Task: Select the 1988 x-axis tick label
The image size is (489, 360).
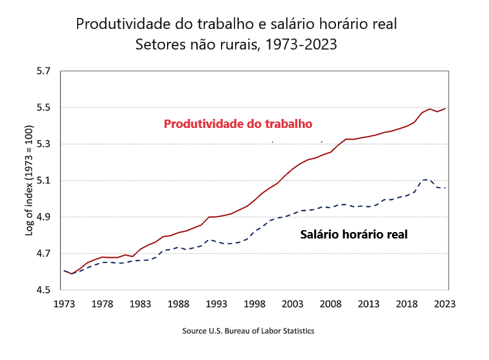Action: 179,304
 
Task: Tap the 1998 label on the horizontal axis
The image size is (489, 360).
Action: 255,304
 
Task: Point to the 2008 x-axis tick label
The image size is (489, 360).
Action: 331,304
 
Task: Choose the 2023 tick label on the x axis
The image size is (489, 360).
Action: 445,304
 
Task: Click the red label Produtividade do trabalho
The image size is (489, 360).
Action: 238,123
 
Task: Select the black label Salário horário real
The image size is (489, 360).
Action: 353,235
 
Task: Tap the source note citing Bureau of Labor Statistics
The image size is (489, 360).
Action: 249,331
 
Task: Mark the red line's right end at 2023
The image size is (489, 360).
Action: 445,109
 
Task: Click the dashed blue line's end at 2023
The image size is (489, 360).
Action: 445,188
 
